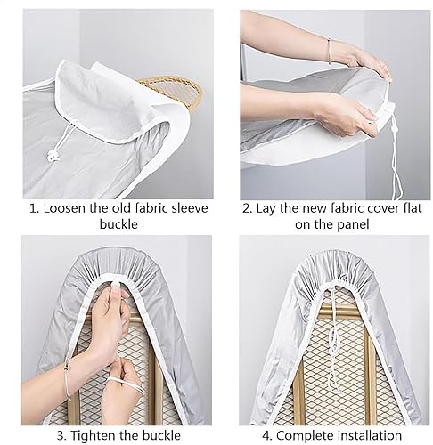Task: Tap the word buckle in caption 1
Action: (x=118, y=224)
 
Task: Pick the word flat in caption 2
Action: (x=413, y=208)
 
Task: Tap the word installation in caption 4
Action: (x=370, y=435)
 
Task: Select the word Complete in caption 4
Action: (x=305, y=436)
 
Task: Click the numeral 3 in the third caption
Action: (x=61, y=436)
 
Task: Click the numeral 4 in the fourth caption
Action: (x=266, y=436)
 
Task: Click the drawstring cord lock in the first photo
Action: (x=53, y=156)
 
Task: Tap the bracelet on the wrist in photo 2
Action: (x=329, y=51)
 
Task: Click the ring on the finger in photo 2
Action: (x=370, y=122)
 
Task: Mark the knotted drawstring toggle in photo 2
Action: (x=395, y=130)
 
